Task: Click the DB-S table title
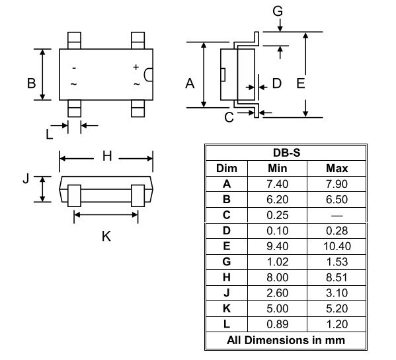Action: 286,152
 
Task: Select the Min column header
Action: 276,168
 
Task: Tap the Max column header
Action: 337,168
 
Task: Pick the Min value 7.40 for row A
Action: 276,184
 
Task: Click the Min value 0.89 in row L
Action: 276,324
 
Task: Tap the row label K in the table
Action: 227,309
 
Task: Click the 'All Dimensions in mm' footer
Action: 286,340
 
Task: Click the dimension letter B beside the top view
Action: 30,83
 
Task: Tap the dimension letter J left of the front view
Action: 26,179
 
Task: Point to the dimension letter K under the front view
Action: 106,236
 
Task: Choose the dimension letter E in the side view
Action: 301,83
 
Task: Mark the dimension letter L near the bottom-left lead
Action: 50,133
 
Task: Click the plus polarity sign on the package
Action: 136,67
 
